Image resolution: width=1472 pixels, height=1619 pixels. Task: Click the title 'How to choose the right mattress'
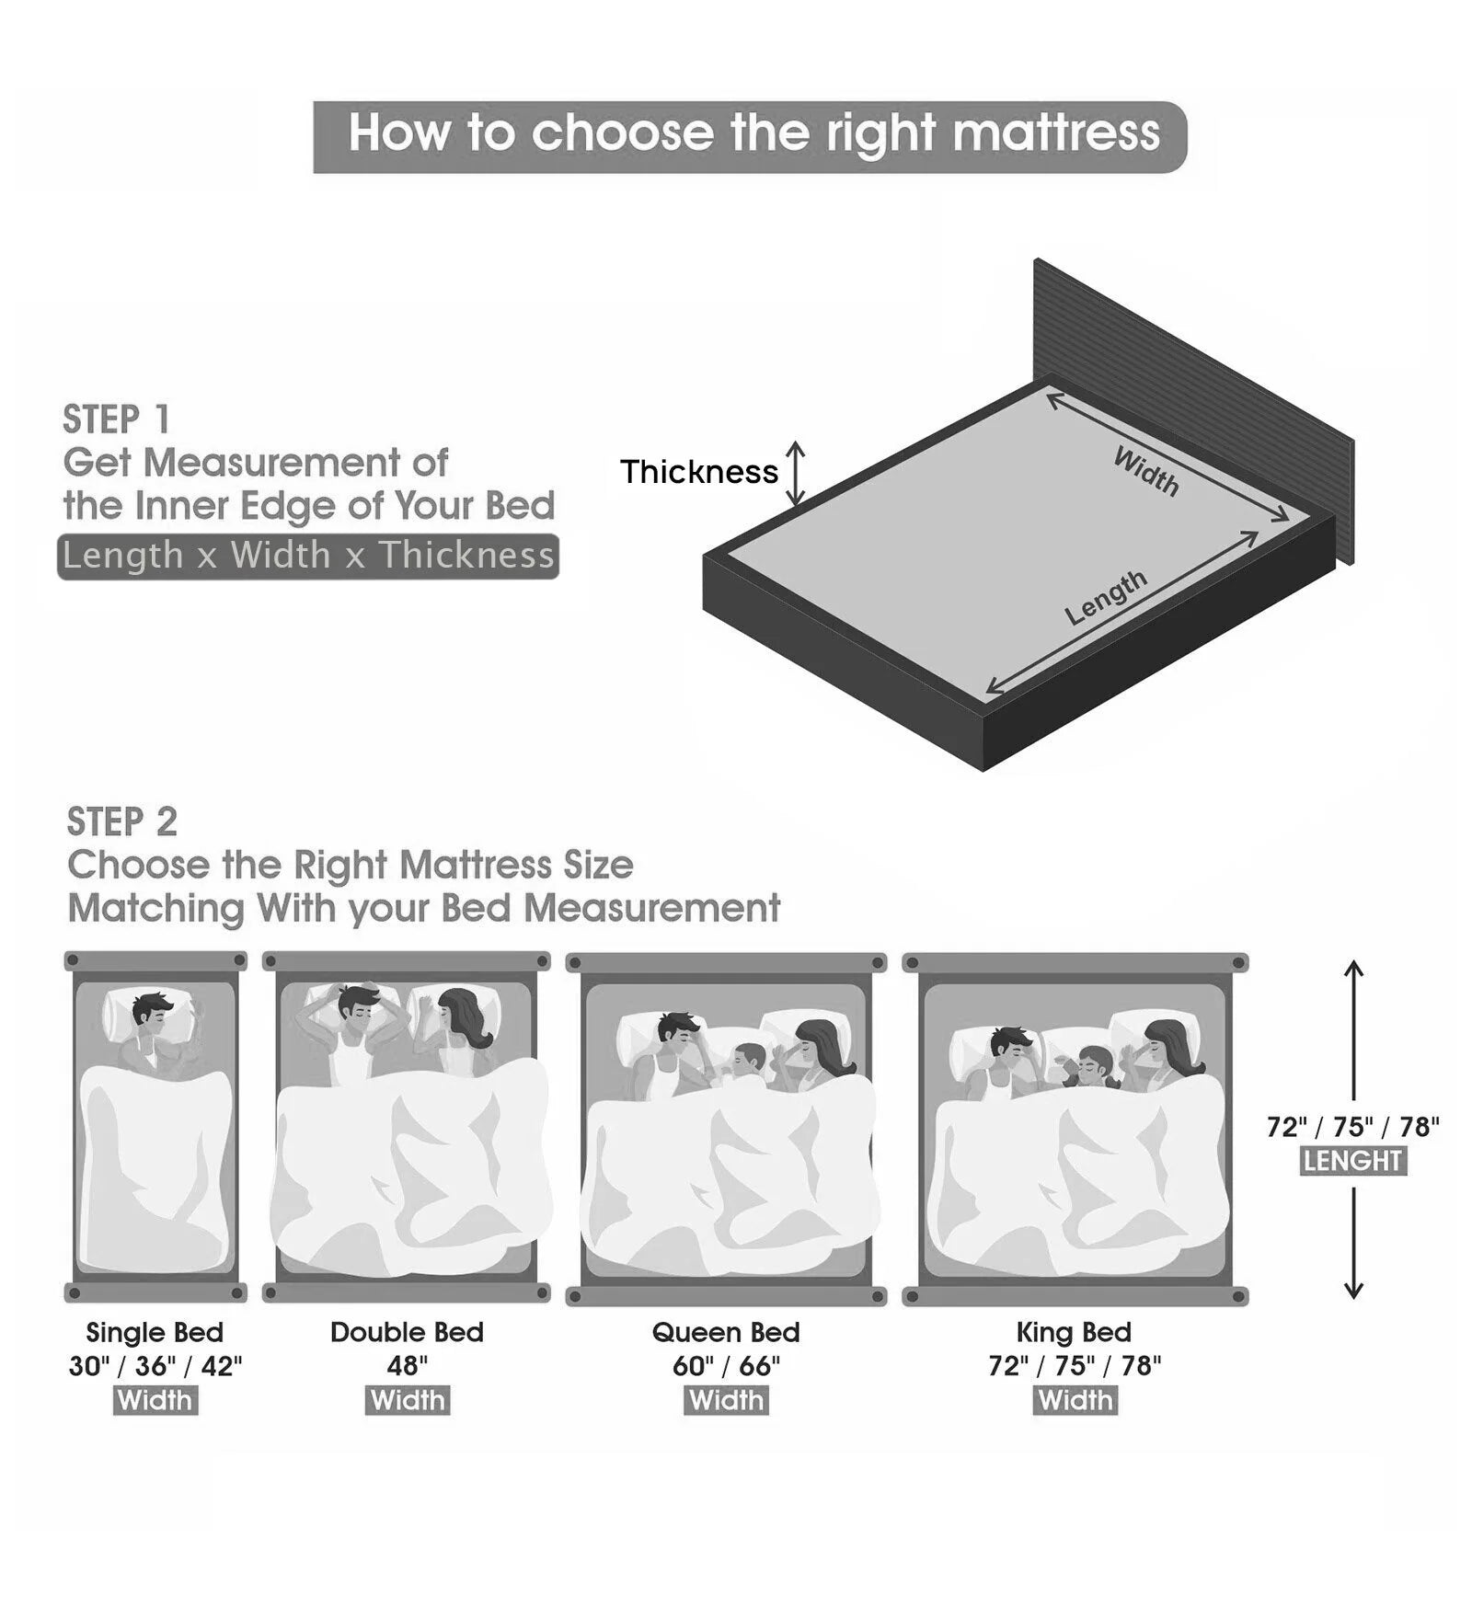point(753,133)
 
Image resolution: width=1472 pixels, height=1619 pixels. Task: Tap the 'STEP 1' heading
point(117,420)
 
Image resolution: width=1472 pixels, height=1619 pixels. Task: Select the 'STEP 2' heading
point(122,822)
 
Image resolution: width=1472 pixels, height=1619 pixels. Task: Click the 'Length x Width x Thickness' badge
point(308,557)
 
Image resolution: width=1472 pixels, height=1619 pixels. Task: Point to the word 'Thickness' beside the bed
point(698,472)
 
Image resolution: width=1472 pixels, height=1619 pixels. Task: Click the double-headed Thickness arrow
point(795,473)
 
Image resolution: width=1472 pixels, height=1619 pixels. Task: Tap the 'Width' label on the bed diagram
point(1145,470)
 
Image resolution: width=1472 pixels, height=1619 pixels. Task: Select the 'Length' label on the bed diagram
point(1106,597)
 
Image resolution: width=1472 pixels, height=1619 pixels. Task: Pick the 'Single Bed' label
point(155,1332)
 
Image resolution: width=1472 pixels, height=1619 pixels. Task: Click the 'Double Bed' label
point(407,1332)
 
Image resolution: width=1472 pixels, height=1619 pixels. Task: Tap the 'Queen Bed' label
point(726,1332)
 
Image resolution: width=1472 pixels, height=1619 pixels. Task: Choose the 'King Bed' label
point(1074,1332)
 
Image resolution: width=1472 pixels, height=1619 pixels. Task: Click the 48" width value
point(407,1366)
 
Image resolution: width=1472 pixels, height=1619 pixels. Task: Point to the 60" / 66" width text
point(726,1366)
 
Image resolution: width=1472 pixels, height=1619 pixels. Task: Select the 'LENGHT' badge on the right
point(1352,1161)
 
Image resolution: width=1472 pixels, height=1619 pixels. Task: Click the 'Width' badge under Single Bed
point(155,1400)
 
